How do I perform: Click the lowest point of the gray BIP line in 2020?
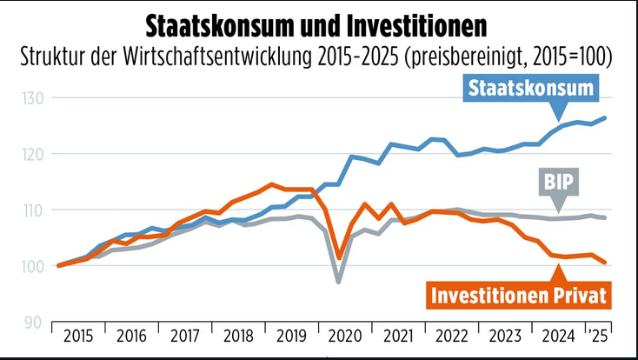[x=338, y=282]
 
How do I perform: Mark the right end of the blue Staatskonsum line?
[x=606, y=117]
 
